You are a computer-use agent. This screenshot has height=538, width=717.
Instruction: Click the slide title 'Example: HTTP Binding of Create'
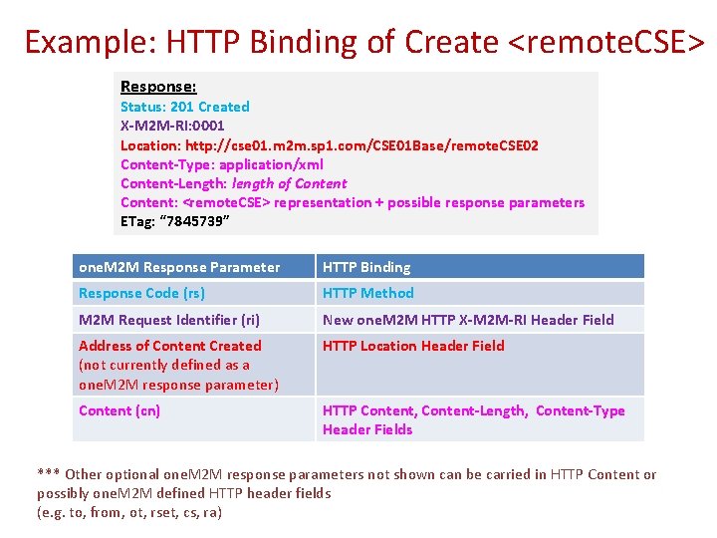coord(261,42)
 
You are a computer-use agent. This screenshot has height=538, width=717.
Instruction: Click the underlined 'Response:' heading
coord(158,87)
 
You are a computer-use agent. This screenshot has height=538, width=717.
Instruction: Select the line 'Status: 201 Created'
coord(185,107)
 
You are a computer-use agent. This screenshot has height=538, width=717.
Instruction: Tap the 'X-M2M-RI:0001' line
coord(172,126)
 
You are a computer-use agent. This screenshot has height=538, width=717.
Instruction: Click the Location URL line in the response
coord(329,145)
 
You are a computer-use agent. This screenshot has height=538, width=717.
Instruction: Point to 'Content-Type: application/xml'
coord(221,164)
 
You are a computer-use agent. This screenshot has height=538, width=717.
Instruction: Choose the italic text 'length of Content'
coord(289,183)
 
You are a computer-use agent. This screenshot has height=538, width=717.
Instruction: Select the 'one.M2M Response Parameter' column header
coord(179,267)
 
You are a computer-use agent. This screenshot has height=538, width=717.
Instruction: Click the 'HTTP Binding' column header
coord(366,267)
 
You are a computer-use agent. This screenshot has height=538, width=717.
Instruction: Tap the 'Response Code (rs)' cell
coord(142,293)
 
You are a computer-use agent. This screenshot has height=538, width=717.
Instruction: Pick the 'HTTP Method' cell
coord(367,293)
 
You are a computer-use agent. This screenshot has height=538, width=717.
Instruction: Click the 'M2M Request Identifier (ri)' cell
coord(169,320)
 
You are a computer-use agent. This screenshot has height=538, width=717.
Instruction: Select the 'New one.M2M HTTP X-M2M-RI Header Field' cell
coord(468,320)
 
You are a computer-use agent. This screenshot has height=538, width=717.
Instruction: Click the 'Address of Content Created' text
coord(170,346)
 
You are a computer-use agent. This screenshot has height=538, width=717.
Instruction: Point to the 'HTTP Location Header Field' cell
coord(413,346)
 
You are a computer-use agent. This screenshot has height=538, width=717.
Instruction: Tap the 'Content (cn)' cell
coord(119,410)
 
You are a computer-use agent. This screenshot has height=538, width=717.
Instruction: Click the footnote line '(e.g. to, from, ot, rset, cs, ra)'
coord(129,512)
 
